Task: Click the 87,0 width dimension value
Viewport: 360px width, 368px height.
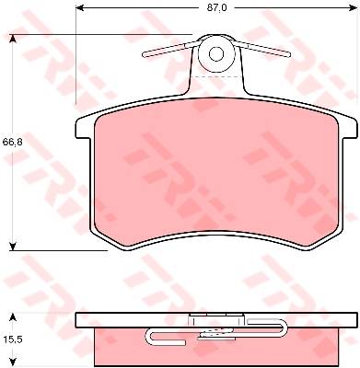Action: pyautogui.click(x=216, y=8)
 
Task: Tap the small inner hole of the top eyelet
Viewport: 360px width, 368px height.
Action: pyautogui.click(x=216, y=54)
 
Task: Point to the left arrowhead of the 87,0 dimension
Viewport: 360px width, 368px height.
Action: pyautogui.click(x=80, y=8)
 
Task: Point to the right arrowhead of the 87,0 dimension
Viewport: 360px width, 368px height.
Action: pyautogui.click(x=353, y=8)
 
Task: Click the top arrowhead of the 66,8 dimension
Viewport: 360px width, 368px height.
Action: pyautogui.click(x=12, y=40)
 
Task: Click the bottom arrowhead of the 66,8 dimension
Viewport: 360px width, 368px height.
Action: pyautogui.click(x=12, y=246)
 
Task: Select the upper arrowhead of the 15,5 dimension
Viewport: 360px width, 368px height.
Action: pyautogui.click(x=12, y=317)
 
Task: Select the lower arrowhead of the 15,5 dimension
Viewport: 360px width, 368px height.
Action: pyautogui.click(x=12, y=362)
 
